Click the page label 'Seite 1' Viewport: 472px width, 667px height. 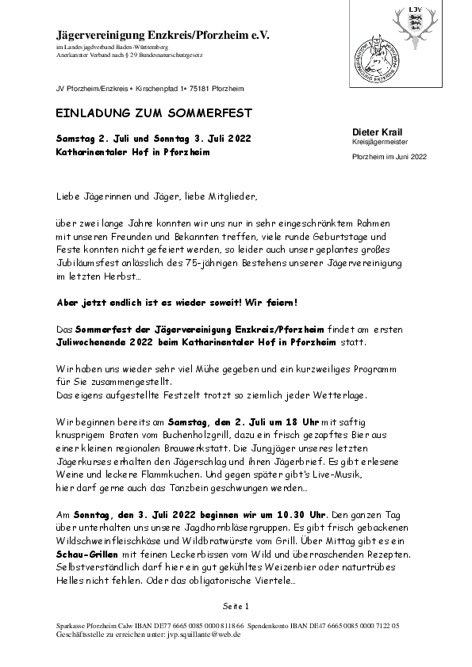coord(236,607)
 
